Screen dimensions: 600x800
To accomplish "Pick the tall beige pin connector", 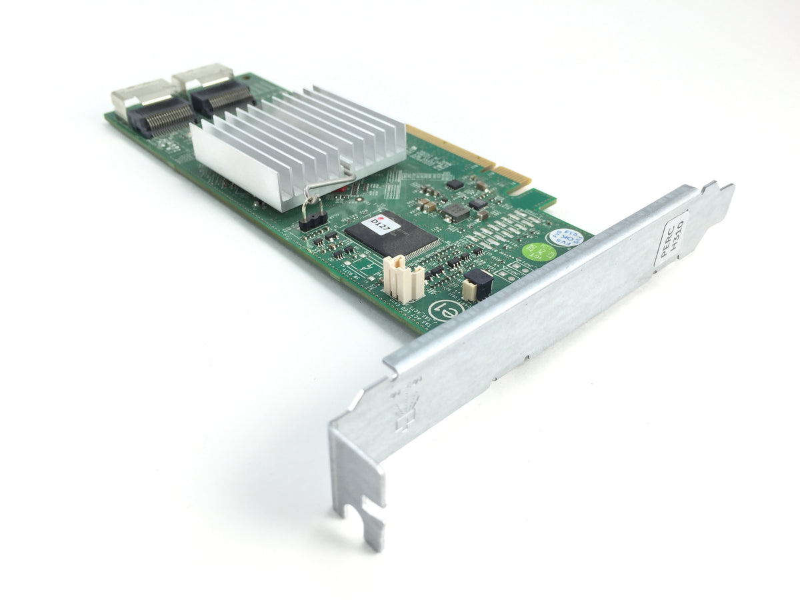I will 403,279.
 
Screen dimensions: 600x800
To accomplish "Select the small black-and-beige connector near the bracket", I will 477,283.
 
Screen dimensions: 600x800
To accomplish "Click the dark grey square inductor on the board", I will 455,212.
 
